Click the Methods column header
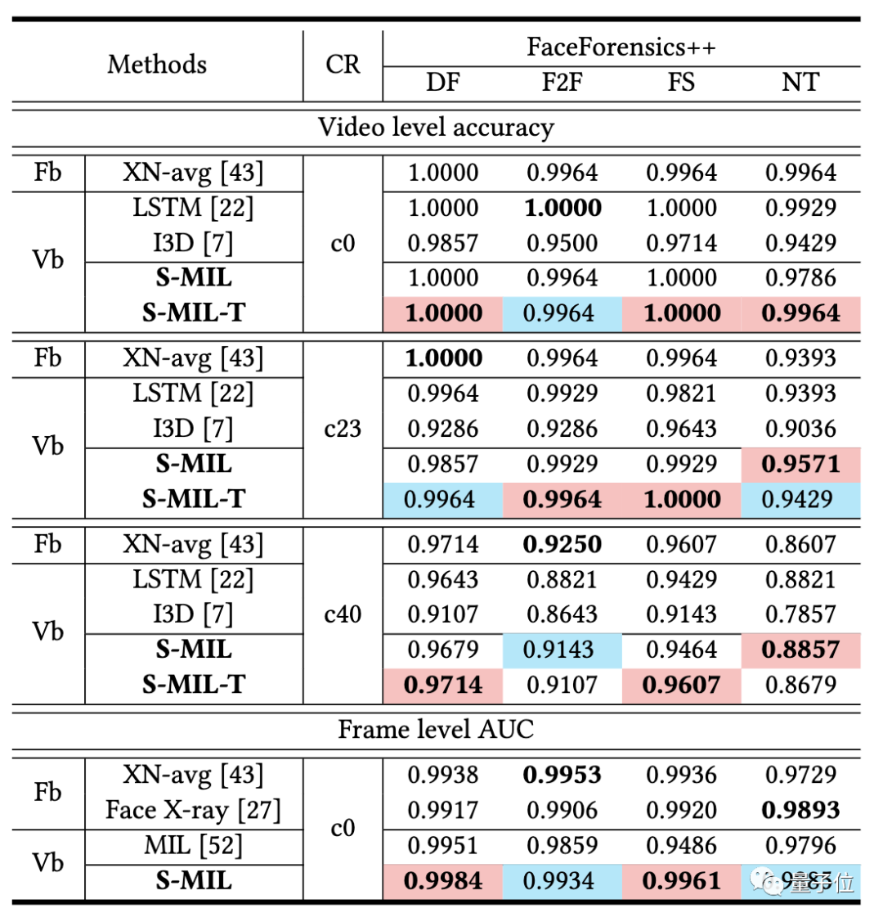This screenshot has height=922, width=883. (157, 64)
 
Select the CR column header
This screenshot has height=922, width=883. (343, 65)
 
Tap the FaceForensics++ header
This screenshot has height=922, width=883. (621, 47)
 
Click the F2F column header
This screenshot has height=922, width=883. (563, 82)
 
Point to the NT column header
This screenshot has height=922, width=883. (800, 82)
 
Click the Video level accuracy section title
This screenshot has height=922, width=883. (436, 128)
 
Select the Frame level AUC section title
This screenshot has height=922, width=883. (436, 729)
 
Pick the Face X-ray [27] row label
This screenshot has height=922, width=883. (193, 810)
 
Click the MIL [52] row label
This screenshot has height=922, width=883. (193, 845)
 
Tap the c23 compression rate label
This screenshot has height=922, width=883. (343, 428)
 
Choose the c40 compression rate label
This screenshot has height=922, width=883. (343, 614)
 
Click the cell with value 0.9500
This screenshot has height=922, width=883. (563, 243)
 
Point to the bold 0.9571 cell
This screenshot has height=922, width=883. (800, 464)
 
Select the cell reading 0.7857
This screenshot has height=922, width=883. (800, 614)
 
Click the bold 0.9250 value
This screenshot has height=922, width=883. (563, 544)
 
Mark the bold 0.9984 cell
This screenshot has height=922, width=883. (442, 881)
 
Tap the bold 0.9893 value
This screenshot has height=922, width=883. (800, 810)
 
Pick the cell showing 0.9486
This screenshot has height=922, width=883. (681, 845)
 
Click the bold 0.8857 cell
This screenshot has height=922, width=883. (800, 650)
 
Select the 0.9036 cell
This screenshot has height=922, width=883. (800, 429)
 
